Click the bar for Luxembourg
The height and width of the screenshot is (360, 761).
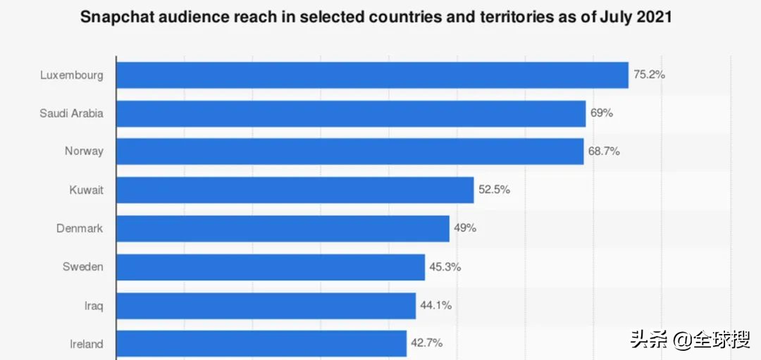point(372,75)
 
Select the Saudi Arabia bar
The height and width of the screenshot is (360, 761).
point(351,113)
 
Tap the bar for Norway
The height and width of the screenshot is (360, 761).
point(349,151)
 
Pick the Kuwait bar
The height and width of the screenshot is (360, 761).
point(295,190)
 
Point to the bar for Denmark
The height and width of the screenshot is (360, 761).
point(283,228)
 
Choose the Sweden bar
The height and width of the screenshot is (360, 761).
point(271,267)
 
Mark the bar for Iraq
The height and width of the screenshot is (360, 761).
point(266,306)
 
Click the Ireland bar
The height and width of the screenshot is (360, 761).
point(261,344)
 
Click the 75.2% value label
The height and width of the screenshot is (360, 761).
point(649,74)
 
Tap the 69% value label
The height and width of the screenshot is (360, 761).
point(602,113)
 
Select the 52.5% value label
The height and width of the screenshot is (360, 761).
point(495,190)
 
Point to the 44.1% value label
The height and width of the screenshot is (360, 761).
point(436,305)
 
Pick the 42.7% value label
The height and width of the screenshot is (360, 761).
point(427,343)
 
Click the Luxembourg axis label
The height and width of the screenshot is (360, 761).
point(72,75)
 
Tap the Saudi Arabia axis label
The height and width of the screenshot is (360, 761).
point(71,113)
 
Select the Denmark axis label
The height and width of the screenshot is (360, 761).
point(80,228)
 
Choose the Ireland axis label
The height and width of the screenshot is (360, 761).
point(86,344)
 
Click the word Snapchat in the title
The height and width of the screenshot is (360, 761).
point(116,17)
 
